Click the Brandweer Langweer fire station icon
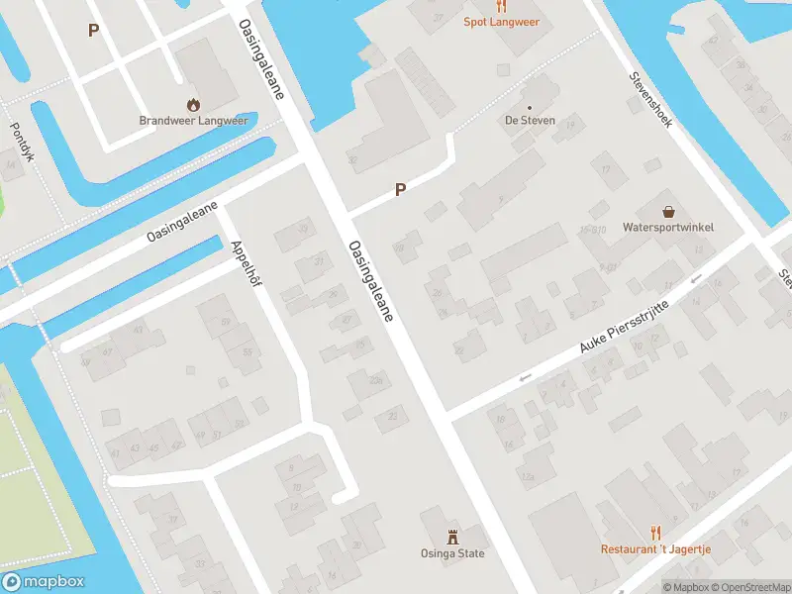193,104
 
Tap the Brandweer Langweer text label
193,121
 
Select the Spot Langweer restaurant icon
502,5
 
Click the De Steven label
530,120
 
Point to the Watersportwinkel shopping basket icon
669,212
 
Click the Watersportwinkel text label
668,228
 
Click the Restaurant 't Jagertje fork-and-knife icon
655,533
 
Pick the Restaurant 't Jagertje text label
655,548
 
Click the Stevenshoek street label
650,100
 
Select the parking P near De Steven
400,189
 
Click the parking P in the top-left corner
93,31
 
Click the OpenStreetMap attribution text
748,587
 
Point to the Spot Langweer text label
502,21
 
